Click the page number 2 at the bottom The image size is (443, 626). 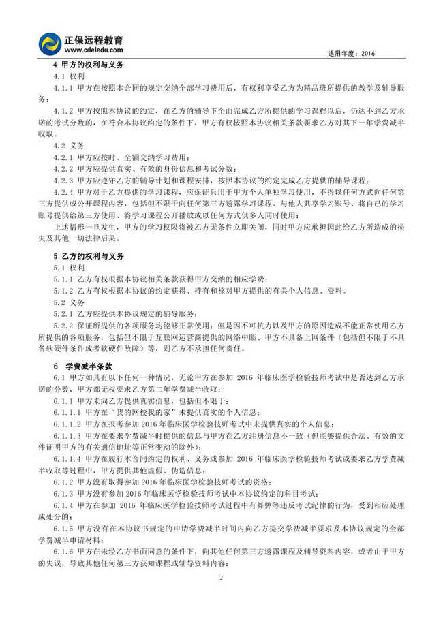coord(221,597)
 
